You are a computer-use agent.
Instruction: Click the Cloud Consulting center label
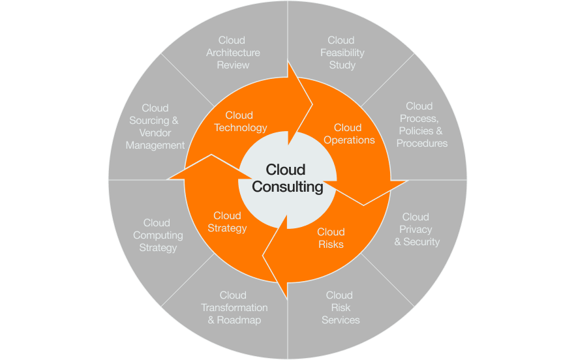(x=288, y=179)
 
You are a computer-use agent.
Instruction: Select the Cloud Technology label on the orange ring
(x=240, y=121)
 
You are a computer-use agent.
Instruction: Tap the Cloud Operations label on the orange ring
(x=348, y=134)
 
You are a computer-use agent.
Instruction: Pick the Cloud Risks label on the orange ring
(x=331, y=238)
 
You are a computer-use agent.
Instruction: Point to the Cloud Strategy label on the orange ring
(x=227, y=222)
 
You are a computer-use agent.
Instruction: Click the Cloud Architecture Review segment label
(x=233, y=53)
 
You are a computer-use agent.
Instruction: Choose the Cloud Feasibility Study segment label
(x=342, y=53)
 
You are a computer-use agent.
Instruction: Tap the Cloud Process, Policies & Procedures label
(x=421, y=125)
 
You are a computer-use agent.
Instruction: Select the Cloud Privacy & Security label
(x=416, y=230)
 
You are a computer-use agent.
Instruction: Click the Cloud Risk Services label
(x=341, y=308)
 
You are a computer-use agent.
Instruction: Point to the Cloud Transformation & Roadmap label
(x=234, y=308)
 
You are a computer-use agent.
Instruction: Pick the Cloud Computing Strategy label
(x=157, y=235)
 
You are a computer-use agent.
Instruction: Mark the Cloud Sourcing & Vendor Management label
(x=155, y=127)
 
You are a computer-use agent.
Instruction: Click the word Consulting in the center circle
(x=288, y=187)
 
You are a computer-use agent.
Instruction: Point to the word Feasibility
(x=342, y=53)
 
